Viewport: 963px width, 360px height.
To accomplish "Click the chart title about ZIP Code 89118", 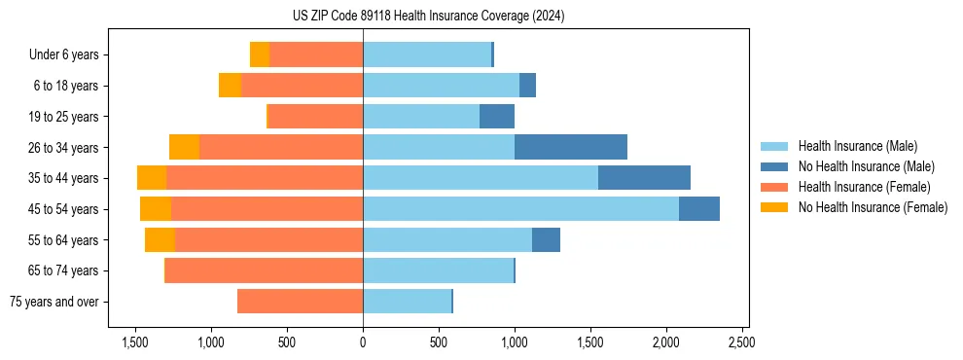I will click(428, 16).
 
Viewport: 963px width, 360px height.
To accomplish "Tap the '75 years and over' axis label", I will click(55, 302).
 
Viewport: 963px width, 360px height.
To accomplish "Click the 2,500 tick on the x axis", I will click(741, 342).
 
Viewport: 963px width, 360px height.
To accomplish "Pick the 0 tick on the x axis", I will click(363, 342).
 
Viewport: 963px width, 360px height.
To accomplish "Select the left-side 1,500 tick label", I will click(134, 342).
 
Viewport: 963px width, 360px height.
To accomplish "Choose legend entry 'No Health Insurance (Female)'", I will click(873, 207).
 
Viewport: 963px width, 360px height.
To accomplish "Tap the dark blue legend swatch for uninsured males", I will click(774, 166).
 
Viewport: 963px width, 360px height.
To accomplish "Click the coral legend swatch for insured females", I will click(774, 187).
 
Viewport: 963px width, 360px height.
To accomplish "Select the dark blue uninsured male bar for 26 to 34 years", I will click(571, 147).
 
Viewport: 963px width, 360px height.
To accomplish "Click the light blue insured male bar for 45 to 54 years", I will click(520, 208).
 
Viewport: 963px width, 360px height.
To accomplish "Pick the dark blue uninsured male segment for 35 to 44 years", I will click(644, 178).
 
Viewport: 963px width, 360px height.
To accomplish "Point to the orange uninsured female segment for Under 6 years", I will click(260, 54).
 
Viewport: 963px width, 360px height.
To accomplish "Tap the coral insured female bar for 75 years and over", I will click(300, 302).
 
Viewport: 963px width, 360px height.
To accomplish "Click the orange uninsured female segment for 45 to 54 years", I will click(156, 208).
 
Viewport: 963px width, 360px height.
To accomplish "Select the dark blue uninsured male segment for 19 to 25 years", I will click(497, 116).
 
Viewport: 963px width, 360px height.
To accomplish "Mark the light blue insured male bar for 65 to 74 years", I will click(438, 270).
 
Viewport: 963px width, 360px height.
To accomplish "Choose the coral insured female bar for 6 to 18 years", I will click(302, 86).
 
